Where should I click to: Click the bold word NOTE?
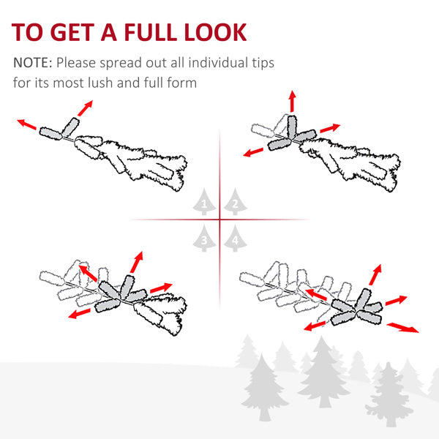31,63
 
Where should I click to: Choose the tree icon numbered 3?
205,238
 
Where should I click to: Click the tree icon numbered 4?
233,238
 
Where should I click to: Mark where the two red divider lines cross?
219,219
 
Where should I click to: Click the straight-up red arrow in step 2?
292,102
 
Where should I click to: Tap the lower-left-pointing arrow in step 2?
254,151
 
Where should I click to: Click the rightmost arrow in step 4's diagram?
403,326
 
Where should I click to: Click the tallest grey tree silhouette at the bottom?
322,373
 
